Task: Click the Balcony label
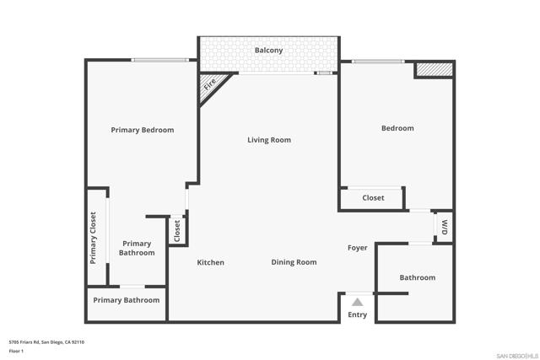(269, 51)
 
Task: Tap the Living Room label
(269, 140)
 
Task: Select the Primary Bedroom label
(143, 130)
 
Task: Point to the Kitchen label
(211, 262)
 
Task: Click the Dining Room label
(294, 262)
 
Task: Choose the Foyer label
(358, 248)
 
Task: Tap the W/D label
(444, 227)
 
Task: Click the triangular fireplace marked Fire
(209, 85)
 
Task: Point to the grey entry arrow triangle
(358, 301)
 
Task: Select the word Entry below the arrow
(358, 315)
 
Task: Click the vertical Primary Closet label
(94, 236)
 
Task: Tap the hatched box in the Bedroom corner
(434, 69)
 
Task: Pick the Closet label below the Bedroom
(373, 198)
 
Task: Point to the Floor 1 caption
(17, 351)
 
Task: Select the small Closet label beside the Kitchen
(177, 231)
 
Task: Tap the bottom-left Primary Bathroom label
(127, 300)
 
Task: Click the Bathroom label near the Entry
(417, 277)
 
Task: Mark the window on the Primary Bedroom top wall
(159, 59)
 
